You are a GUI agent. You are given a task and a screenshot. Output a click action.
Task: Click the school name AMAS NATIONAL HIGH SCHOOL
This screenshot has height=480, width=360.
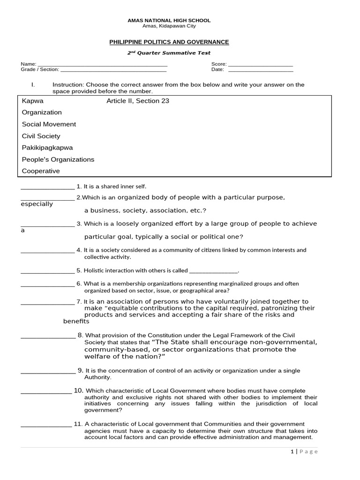tap(169, 21)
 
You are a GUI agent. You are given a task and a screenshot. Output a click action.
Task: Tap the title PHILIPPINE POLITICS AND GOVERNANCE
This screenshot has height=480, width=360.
tap(169, 42)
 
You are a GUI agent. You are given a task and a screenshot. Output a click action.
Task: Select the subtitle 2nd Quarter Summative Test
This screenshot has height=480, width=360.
tap(169, 53)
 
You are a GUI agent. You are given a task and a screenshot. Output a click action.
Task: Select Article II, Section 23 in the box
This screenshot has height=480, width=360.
tap(138, 101)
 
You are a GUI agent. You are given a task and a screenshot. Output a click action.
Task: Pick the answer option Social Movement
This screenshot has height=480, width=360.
tap(49, 124)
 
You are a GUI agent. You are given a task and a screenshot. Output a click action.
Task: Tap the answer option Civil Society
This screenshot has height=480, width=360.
tap(41, 136)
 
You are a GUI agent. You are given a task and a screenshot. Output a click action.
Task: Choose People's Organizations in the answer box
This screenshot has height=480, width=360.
tap(58, 159)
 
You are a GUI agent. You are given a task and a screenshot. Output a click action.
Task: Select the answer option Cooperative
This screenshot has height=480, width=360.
tap(41, 171)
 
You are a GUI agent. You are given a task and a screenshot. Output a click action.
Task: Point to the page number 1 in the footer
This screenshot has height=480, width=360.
tap(291, 451)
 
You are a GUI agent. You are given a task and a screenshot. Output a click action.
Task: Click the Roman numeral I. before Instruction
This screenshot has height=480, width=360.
tap(33, 85)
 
